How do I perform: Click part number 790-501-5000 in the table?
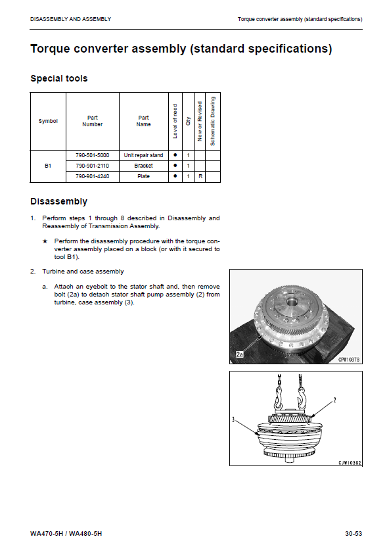pyautogui.click(x=93, y=155)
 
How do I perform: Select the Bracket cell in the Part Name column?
pyautogui.click(x=143, y=166)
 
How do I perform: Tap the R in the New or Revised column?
pyautogui.click(x=200, y=176)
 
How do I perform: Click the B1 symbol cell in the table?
pyautogui.click(x=48, y=166)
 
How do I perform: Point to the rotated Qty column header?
pyautogui.click(x=189, y=121)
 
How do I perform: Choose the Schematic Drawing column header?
pyautogui.click(x=212, y=121)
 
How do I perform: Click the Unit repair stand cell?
pyautogui.click(x=143, y=155)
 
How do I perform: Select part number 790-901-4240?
pyautogui.click(x=93, y=176)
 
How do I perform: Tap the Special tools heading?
pyautogui.click(x=58, y=78)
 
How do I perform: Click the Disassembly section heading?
pyautogui.click(x=58, y=201)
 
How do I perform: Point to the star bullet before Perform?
pyautogui.click(x=45, y=241)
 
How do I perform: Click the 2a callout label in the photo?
pyautogui.click(x=239, y=354)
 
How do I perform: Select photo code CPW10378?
pyautogui.click(x=348, y=360)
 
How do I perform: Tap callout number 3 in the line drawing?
pyautogui.click(x=233, y=419)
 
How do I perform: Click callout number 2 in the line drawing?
pyautogui.click(x=334, y=400)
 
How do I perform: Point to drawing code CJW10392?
pyautogui.click(x=350, y=463)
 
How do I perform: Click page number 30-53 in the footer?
pyautogui.click(x=353, y=534)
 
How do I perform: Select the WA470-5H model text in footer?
pyautogui.click(x=47, y=534)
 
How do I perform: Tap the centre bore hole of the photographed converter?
pyautogui.click(x=292, y=300)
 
